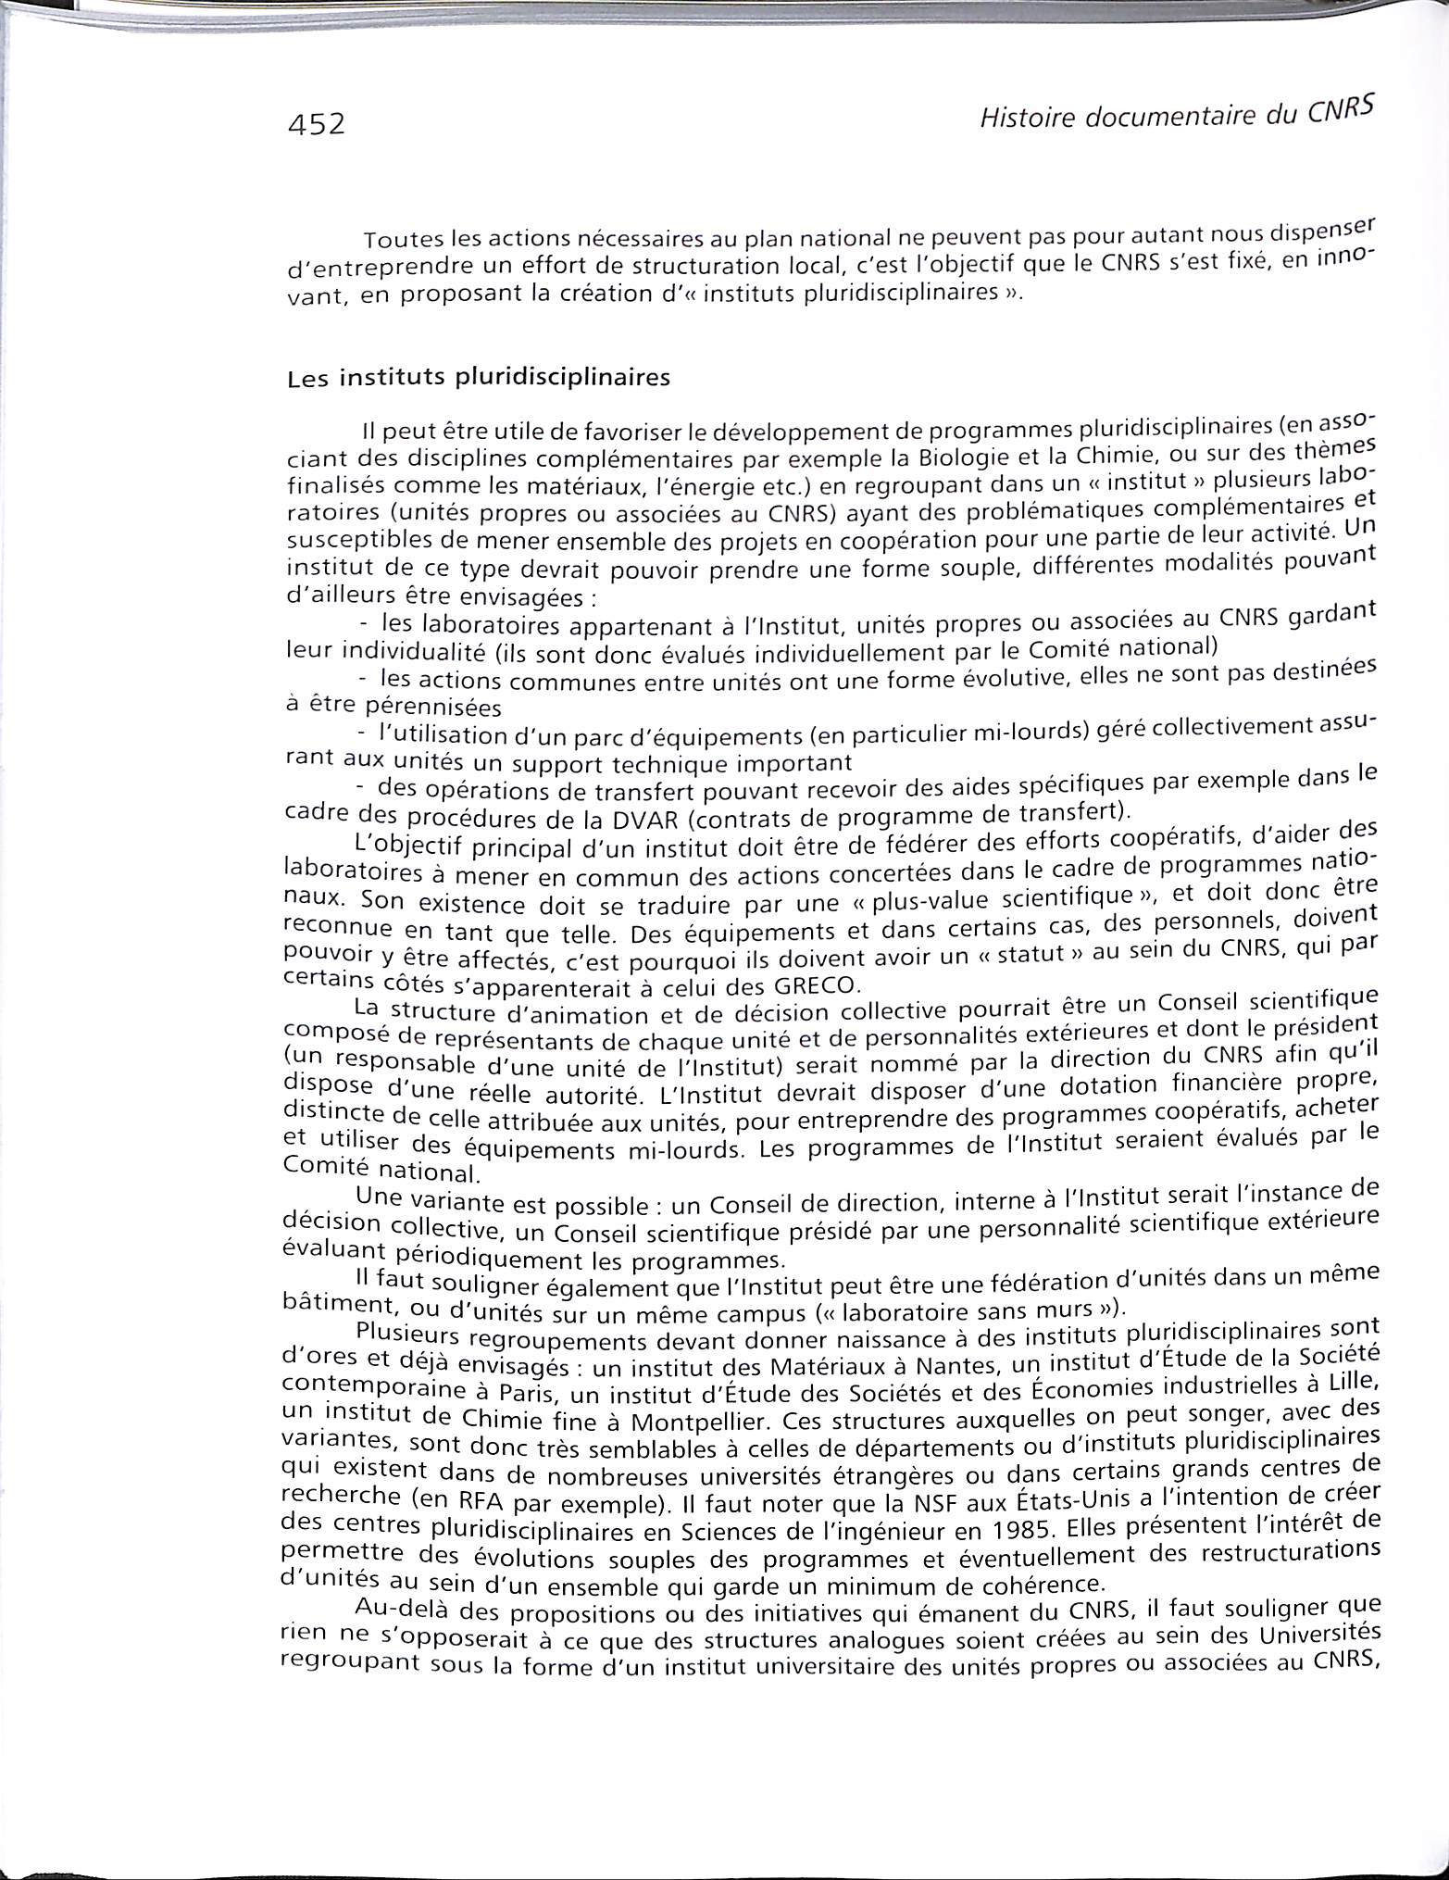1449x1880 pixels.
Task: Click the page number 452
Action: coord(316,123)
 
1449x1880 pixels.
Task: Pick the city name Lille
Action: coord(1356,1382)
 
